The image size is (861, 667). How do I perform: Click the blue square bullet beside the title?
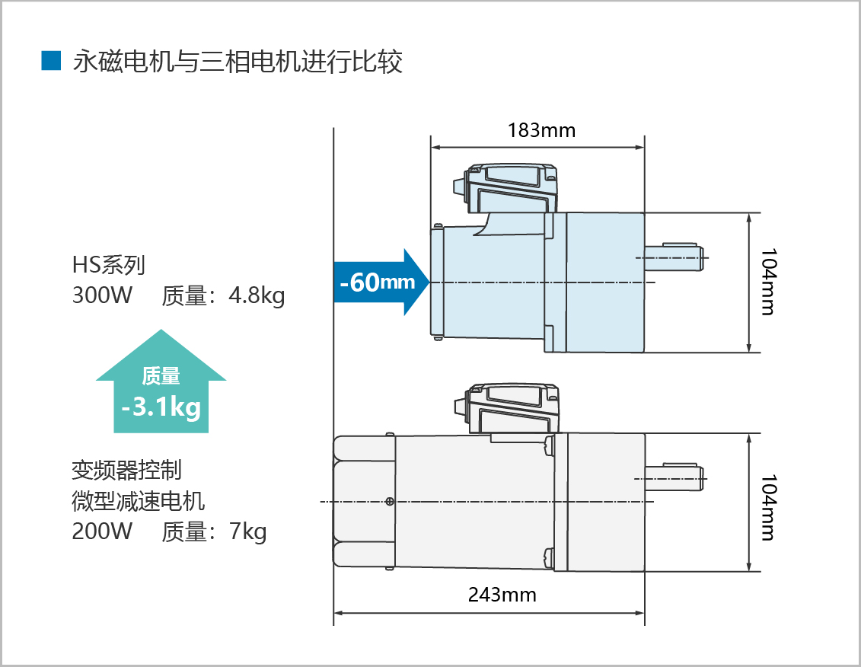(50, 61)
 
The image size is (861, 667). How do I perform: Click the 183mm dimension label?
(541, 130)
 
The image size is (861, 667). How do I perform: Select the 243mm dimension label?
(502, 595)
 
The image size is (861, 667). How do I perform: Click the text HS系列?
(108, 265)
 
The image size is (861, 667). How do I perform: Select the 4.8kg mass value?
(257, 295)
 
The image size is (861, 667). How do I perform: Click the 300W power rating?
(102, 295)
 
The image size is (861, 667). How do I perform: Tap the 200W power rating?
(102, 531)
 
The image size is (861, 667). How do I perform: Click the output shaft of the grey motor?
(674, 477)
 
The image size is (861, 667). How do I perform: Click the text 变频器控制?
(126, 471)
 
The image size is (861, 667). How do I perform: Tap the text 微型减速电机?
(138, 502)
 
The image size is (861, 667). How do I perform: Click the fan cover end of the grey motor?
(364, 501)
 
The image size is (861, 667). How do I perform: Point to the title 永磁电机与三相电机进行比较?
(237, 62)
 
